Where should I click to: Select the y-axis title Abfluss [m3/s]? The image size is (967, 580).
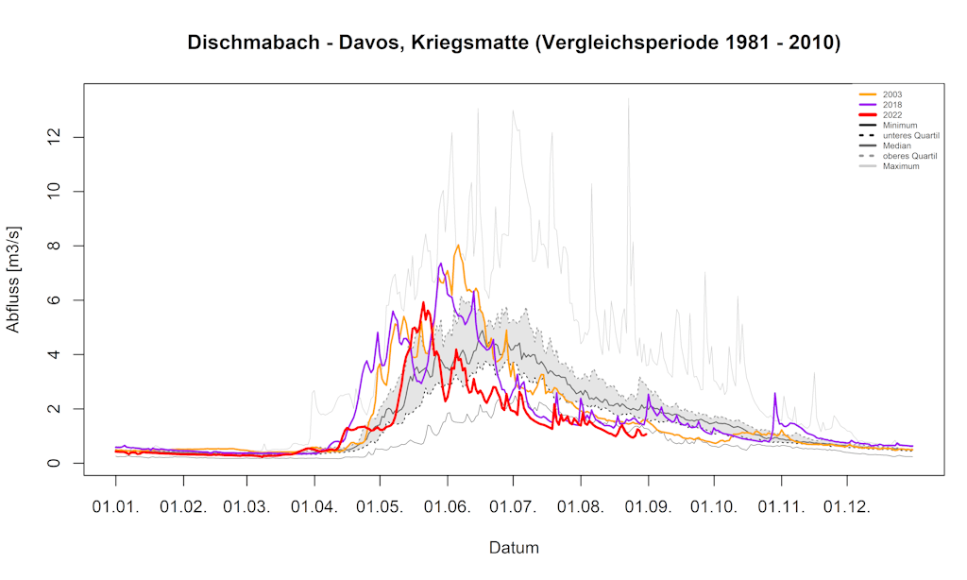pyautogui.click(x=14, y=280)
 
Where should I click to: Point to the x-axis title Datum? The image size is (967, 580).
pyautogui.click(x=514, y=548)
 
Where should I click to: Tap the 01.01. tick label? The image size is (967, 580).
pyautogui.click(x=116, y=507)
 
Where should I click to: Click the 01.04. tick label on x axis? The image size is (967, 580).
pyautogui.click(x=315, y=507)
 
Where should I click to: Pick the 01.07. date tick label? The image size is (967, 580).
pyautogui.click(x=514, y=507)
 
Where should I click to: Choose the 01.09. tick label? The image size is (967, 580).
pyautogui.click(x=650, y=507)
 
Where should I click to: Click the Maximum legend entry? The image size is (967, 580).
pyautogui.click(x=900, y=166)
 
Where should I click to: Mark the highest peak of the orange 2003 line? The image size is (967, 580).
pyautogui.click(x=458, y=246)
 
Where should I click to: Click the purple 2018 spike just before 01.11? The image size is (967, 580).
pyautogui.click(x=775, y=394)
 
